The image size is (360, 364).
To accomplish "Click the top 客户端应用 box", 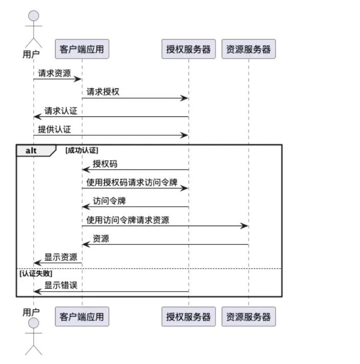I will [x=82, y=49].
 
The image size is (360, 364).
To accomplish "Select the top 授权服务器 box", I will [x=188, y=49].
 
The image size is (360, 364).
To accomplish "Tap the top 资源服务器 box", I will [x=249, y=49].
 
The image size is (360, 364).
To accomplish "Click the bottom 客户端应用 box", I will [x=82, y=317].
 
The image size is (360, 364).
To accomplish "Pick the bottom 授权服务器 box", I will [x=188, y=317].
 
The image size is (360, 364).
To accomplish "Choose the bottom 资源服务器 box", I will [x=249, y=317].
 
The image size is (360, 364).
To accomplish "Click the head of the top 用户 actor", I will [x=34, y=16].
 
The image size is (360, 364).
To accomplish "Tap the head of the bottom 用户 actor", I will [x=34, y=323].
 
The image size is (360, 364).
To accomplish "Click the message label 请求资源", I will [x=55, y=73].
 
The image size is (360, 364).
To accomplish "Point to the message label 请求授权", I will [x=103, y=92].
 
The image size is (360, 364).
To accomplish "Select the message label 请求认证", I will [x=61, y=110].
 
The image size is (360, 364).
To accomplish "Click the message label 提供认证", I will [x=55, y=129].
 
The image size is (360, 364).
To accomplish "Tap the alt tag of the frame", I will [x=32, y=151].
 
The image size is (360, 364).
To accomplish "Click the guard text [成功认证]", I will [x=82, y=151].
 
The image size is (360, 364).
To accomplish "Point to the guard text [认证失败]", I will [x=36, y=273].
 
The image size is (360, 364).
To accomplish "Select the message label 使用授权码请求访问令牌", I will [x=132, y=182].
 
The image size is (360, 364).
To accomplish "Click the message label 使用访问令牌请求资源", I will [x=128, y=220].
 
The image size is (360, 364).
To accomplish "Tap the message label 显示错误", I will [x=61, y=285].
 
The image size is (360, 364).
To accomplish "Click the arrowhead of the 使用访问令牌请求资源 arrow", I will [x=245, y=226].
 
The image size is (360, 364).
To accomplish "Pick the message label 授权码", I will [x=105, y=164].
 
